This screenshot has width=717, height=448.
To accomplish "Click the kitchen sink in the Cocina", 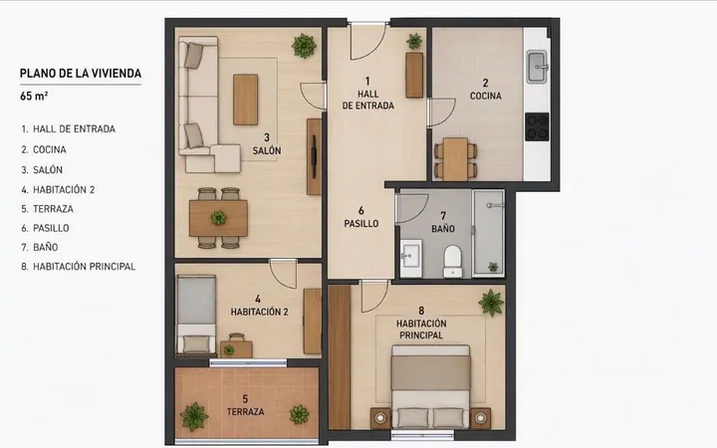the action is [537, 68].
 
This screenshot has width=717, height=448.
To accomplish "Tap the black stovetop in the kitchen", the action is [537, 126].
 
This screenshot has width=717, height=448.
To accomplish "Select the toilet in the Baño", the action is [453, 262].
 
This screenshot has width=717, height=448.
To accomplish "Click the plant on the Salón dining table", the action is [218, 218].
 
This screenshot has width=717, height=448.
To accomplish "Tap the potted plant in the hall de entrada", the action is [414, 41].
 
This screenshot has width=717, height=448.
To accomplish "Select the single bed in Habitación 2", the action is [196, 316].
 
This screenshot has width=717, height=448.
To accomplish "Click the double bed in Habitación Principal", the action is [431, 386].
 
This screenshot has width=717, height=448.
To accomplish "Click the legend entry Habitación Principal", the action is [79, 267].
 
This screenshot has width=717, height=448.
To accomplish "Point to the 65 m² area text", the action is [34, 96].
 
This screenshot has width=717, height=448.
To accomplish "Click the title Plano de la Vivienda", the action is [81, 73].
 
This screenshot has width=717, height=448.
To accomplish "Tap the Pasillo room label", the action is [361, 224].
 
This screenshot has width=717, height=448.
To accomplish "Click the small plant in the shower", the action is [493, 266].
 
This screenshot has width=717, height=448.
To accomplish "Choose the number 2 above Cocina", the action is [485, 83].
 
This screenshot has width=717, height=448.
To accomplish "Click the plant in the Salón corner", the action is [304, 46].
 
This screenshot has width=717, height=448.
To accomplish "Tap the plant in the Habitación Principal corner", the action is [491, 303].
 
